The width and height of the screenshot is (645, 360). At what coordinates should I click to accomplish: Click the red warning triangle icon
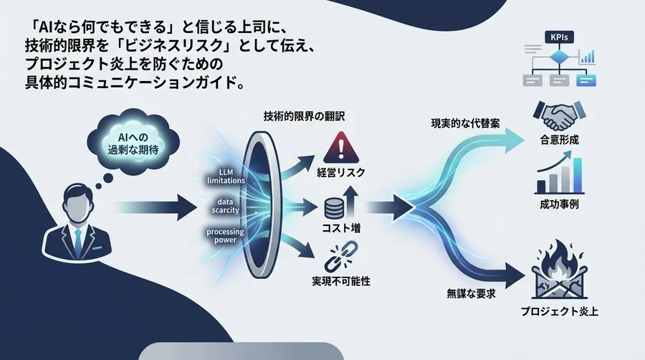coord(340,147)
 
